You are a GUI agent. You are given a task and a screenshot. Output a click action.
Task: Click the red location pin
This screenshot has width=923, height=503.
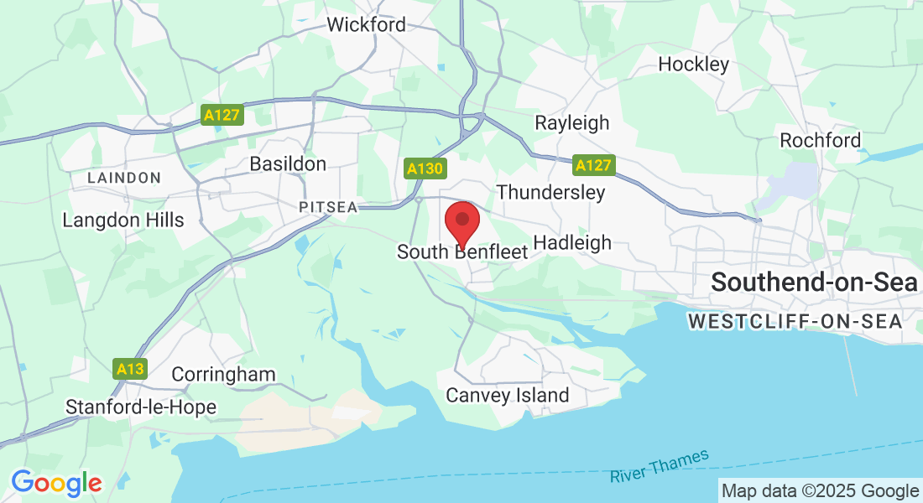[x=461, y=223]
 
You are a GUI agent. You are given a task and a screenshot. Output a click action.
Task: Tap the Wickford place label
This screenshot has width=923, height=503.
[x=366, y=24]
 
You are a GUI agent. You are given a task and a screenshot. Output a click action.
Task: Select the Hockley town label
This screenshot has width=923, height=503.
[x=693, y=64]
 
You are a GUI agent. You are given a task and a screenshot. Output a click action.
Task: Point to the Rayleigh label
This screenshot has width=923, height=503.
[x=572, y=123]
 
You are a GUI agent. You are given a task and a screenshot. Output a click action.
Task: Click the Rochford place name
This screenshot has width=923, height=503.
[x=820, y=140]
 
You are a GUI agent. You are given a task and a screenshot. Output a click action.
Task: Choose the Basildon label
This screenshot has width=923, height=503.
[x=288, y=163]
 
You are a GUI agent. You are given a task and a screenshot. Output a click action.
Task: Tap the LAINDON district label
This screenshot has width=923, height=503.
[x=124, y=178]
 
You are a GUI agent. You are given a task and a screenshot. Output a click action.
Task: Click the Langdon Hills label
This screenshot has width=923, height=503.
[x=123, y=220]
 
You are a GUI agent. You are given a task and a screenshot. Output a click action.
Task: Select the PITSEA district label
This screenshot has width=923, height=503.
[x=328, y=206]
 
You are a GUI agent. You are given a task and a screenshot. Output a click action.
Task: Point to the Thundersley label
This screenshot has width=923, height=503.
[x=550, y=192]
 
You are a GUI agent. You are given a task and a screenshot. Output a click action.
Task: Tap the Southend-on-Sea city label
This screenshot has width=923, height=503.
[x=815, y=283]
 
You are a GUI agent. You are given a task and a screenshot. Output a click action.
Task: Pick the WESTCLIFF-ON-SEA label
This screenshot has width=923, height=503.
[x=794, y=321]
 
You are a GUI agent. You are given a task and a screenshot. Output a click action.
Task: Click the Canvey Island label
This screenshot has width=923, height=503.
[x=508, y=395]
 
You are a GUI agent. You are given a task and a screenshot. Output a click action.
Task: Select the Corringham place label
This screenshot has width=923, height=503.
[x=223, y=374]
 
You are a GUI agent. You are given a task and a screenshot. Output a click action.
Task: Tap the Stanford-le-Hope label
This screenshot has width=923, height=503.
[x=141, y=407]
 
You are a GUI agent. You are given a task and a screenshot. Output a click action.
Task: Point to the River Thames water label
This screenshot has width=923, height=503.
[x=660, y=466]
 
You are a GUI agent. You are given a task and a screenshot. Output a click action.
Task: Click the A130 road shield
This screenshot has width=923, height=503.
[x=425, y=169]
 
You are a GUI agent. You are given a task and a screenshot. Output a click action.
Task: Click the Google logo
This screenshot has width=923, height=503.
[x=56, y=483]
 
